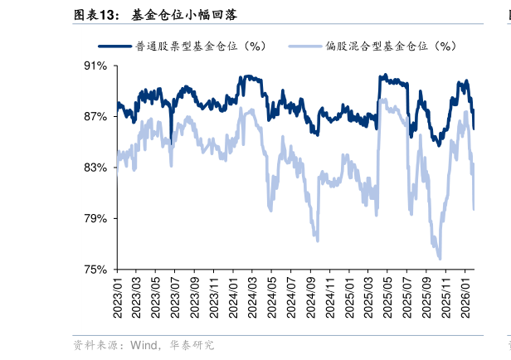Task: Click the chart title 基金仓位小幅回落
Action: tap(185, 14)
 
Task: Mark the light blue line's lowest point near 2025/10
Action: tap(439, 258)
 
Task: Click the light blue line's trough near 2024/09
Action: tap(318, 241)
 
